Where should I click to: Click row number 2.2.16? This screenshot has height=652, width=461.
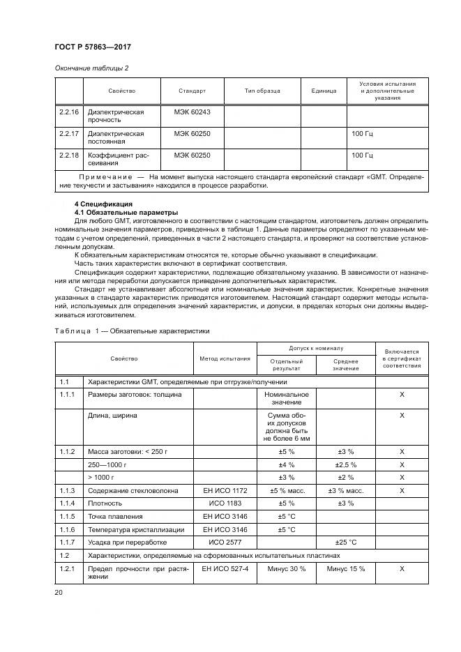pos(68,112)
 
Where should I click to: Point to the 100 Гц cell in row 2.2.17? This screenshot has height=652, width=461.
pos(362,133)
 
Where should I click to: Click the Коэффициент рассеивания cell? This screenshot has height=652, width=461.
pos(114,159)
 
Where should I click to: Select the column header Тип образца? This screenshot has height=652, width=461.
pos(262,91)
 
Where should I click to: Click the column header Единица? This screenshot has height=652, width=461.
pos(324,91)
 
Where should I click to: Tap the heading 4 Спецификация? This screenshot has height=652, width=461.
pos(102,204)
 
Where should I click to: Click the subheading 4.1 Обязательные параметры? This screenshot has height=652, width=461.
pos(116,212)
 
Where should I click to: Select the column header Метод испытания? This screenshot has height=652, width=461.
pos(225,358)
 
